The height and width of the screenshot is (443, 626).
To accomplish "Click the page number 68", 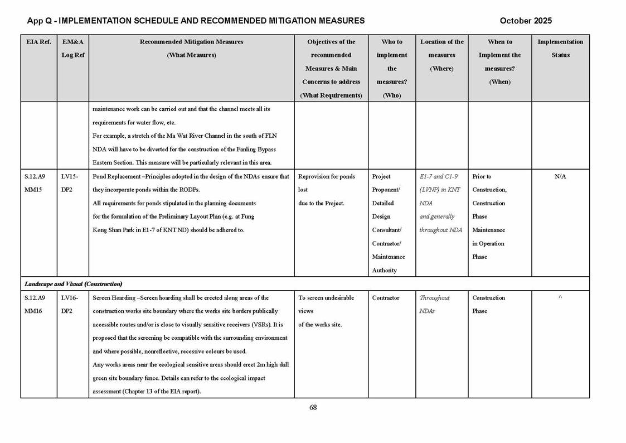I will [x=313, y=408].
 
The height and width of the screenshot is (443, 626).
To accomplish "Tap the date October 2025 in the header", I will [x=526, y=21].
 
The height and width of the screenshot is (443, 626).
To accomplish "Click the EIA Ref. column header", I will [x=38, y=42].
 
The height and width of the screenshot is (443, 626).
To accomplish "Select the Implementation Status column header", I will [x=560, y=49].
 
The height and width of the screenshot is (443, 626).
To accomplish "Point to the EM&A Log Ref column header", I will [x=73, y=49].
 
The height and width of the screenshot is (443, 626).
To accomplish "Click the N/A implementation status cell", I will [x=560, y=176].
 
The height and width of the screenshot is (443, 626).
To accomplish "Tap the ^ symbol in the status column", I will [x=560, y=298].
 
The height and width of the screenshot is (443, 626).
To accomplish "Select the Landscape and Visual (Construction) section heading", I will [x=73, y=284].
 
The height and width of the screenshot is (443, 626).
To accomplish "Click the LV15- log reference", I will [x=70, y=176].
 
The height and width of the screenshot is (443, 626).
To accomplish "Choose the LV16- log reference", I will [x=70, y=298].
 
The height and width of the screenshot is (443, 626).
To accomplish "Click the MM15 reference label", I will [x=33, y=190].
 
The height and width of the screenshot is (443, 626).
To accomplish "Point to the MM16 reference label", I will [x=33, y=311].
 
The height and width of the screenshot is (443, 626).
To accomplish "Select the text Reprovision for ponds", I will [x=327, y=176].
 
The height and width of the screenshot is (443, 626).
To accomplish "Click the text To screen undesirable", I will [x=326, y=298].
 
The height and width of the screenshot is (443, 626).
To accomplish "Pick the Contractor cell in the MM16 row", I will [x=386, y=298].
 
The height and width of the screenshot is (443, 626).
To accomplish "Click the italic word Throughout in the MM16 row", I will [x=435, y=298].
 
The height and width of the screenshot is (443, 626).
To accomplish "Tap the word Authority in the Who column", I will [x=385, y=271].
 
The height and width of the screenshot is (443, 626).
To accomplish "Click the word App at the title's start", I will [x=35, y=21].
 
